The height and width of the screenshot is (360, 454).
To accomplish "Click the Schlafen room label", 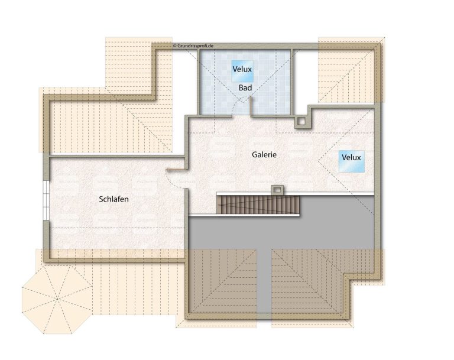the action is pyautogui.click(x=113, y=199).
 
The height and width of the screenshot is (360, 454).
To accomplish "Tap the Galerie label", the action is pyautogui.click(x=264, y=155).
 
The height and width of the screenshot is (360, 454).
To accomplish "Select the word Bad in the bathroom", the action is pyautogui.click(x=245, y=87).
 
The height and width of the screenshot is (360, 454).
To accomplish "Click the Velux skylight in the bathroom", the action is pyautogui.click(x=242, y=71).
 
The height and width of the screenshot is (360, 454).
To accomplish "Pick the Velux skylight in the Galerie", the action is pyautogui.click(x=352, y=161).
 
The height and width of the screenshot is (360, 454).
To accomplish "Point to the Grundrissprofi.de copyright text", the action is pyautogui.click(x=193, y=46).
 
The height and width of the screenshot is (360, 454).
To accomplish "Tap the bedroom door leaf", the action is pyautogui.click(x=176, y=168).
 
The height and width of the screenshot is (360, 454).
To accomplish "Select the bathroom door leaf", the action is pyautogui.click(x=250, y=106).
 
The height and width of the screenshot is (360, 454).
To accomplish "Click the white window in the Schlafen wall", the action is pyautogui.click(x=46, y=200).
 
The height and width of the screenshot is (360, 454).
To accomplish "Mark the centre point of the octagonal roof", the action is pyautogui.click(x=57, y=299).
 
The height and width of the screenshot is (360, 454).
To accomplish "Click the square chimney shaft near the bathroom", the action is pyautogui.click(x=301, y=122).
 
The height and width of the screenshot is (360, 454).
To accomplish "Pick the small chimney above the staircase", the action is pyautogui.click(x=277, y=190).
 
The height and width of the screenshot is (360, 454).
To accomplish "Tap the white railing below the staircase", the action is pyautogui.click(x=244, y=215).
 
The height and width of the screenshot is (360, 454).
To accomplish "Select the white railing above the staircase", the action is pyautogui.click(x=296, y=193).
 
